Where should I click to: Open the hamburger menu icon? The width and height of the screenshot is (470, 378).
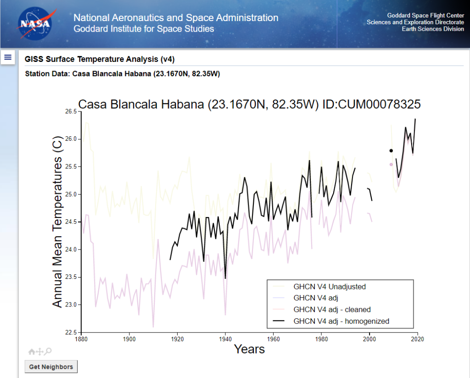point(8,57)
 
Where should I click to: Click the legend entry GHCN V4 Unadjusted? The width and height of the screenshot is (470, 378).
point(330,287)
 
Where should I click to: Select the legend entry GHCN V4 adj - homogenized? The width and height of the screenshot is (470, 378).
point(341,321)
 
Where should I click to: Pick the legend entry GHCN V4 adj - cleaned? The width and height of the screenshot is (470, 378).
point(332,310)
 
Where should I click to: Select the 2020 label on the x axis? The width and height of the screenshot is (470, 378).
point(417,339)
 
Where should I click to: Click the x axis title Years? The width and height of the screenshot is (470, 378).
point(249,349)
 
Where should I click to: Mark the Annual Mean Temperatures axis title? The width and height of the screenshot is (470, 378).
point(57,222)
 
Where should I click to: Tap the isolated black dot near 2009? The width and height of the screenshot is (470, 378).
point(391,150)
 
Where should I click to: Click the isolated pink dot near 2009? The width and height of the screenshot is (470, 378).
point(391,164)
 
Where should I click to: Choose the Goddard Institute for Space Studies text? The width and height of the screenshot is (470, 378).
point(144,29)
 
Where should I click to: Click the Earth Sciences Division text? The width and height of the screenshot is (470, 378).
point(433,29)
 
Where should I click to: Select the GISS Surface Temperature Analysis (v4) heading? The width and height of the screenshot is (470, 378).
point(100,59)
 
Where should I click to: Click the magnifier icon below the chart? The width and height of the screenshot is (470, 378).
point(48,351)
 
